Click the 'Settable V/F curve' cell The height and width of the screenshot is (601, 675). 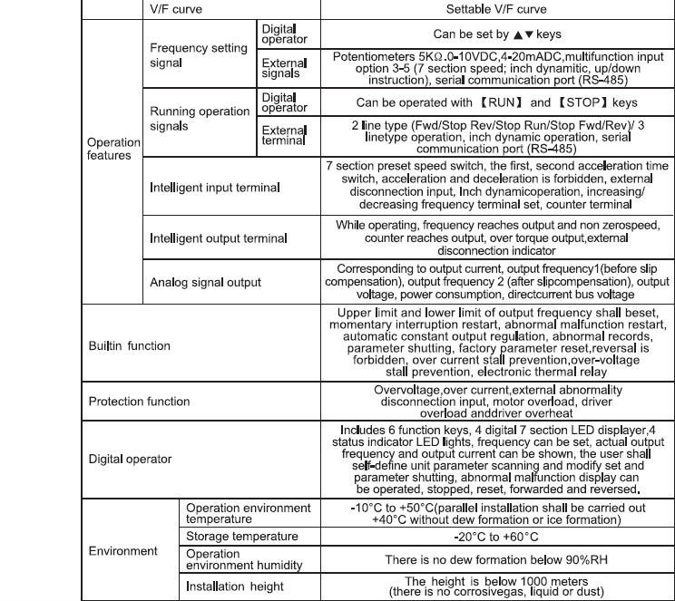(495, 9)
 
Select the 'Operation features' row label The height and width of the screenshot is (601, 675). (113, 149)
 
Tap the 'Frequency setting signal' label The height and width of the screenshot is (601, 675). (198, 56)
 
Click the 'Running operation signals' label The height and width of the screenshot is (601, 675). (200, 119)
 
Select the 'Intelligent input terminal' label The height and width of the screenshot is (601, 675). (214, 188)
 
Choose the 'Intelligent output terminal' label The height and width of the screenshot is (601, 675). (218, 237)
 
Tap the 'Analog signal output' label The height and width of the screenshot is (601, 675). (205, 283)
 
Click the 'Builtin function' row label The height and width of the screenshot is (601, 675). (129, 345)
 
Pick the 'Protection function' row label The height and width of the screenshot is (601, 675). (139, 402)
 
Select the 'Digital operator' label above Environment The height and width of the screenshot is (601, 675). (130, 459)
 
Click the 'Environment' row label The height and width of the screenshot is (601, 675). (122, 550)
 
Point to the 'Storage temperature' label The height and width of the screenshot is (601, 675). (241, 537)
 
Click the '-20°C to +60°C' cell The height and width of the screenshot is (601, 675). (495, 537)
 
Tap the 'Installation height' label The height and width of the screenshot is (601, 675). (235, 586)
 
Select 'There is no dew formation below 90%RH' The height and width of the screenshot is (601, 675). (495, 560)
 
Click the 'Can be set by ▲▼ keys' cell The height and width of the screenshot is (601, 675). (495, 34)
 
